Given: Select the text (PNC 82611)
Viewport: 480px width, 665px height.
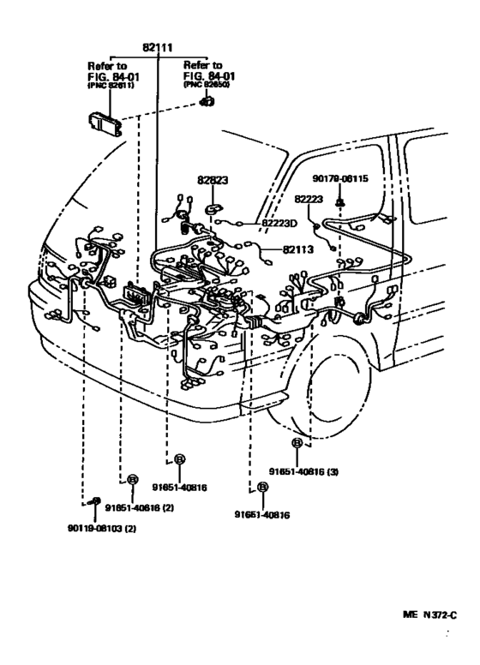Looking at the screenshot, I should coord(110,86).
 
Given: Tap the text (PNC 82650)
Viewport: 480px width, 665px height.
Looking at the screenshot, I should coord(209,86).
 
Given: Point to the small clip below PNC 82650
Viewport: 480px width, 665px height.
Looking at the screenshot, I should coord(207,102).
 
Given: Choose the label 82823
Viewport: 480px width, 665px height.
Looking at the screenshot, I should coord(213,180).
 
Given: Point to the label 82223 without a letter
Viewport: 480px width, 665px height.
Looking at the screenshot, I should coord(309,199).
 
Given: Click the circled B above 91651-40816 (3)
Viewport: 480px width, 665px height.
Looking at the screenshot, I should coord(297,443).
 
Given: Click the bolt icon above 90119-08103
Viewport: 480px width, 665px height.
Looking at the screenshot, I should coord(95,500).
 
